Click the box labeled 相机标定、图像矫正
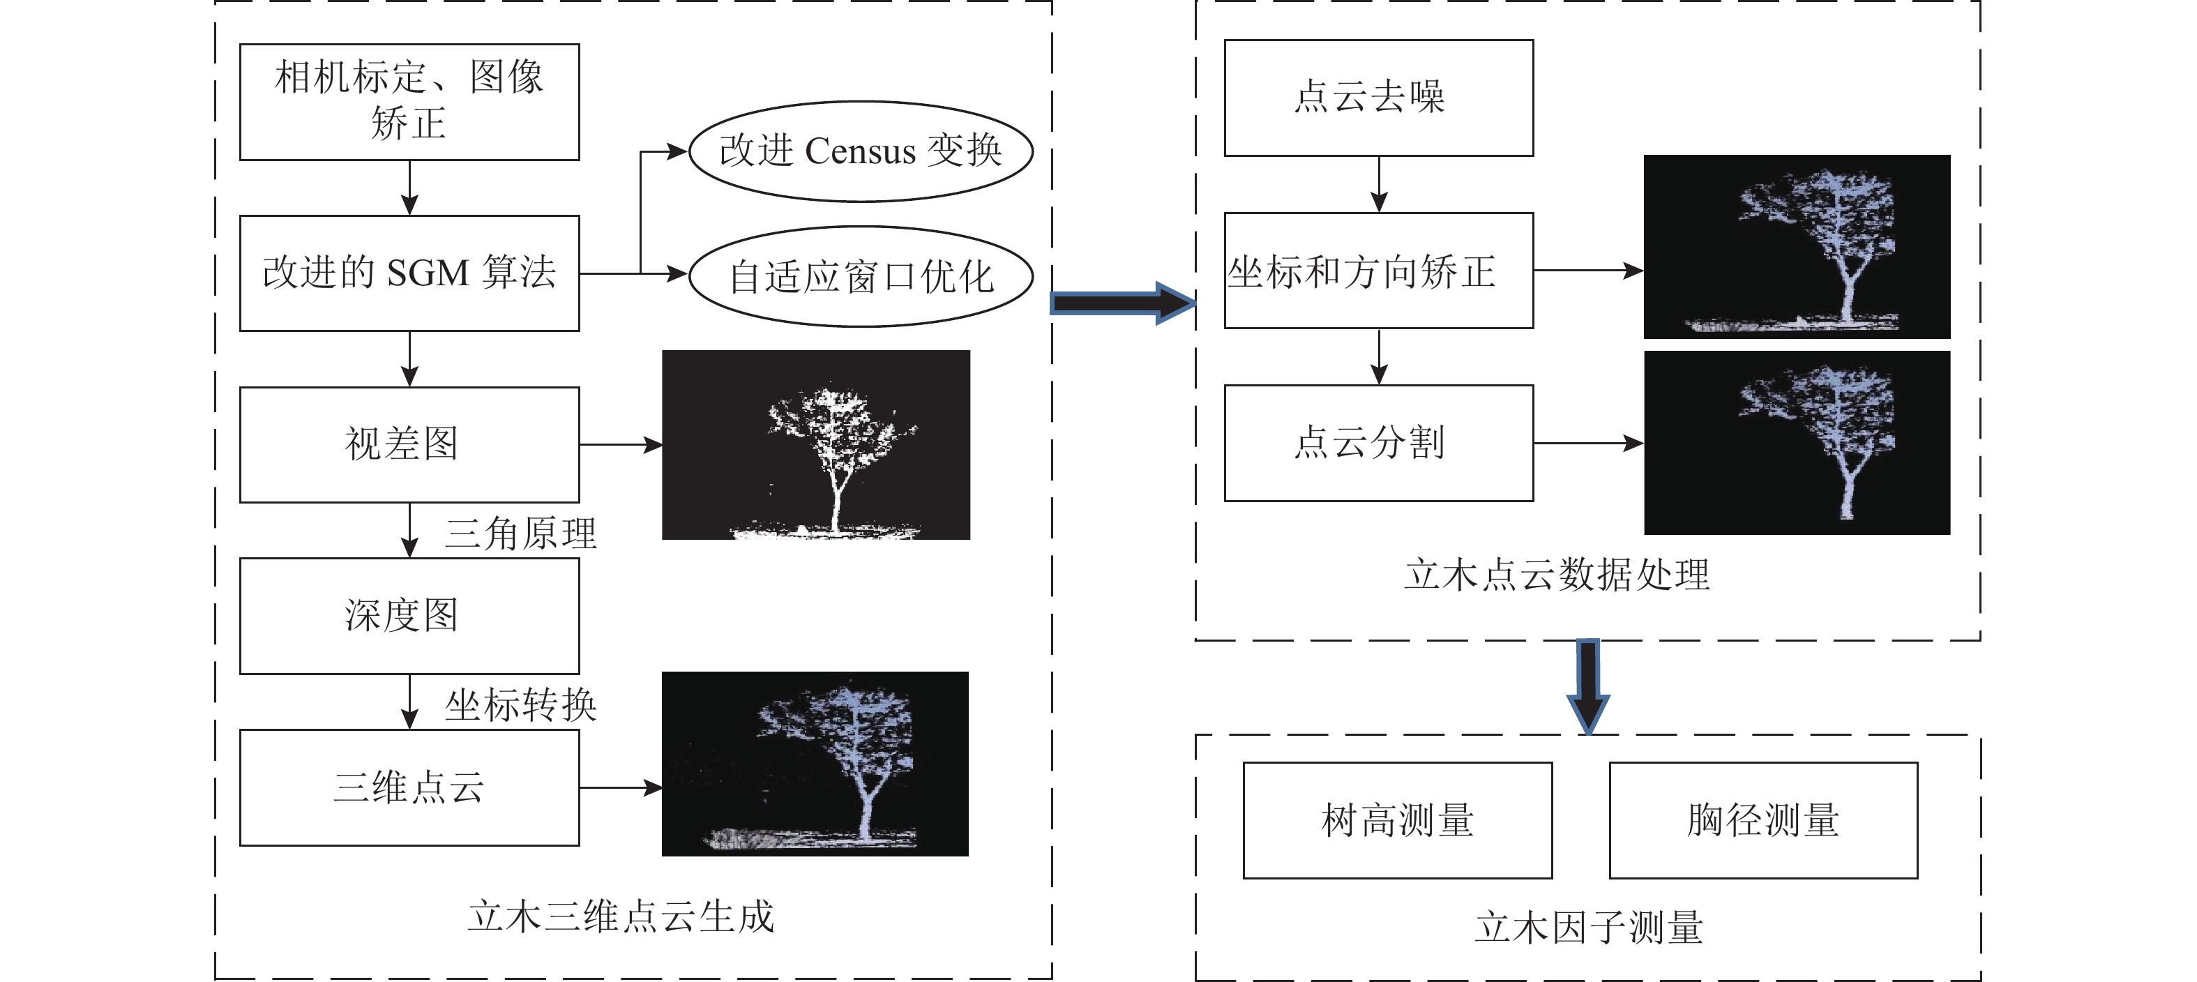(409, 102)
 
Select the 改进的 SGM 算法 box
(409, 273)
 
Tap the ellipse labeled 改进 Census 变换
(861, 152)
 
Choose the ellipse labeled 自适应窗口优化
(861, 276)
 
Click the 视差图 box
(409, 444)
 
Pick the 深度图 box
(409, 616)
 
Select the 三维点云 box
(409, 787)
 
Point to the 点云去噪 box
(1378, 97)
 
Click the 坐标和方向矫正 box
(1378, 271)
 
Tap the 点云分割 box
(1378, 443)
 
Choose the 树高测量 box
(1397, 820)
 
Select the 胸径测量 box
(1763, 820)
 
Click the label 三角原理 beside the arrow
(520, 534)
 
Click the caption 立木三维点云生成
(621, 917)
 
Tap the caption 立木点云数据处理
(1557, 575)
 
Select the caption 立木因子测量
(1588, 928)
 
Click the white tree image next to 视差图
(816, 444)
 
